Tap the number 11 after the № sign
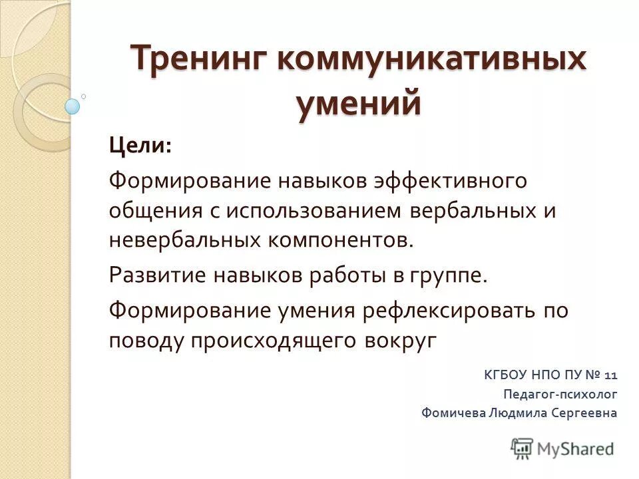[x=612, y=375]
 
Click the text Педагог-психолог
[x=560, y=394]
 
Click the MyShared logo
[x=562, y=448]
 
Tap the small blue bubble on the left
[x=73, y=106]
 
